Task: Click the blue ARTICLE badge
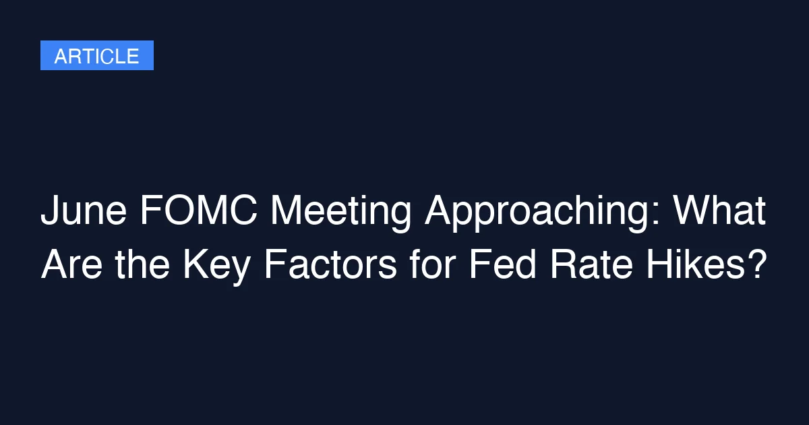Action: pos(97,55)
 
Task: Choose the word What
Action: pos(720,213)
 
